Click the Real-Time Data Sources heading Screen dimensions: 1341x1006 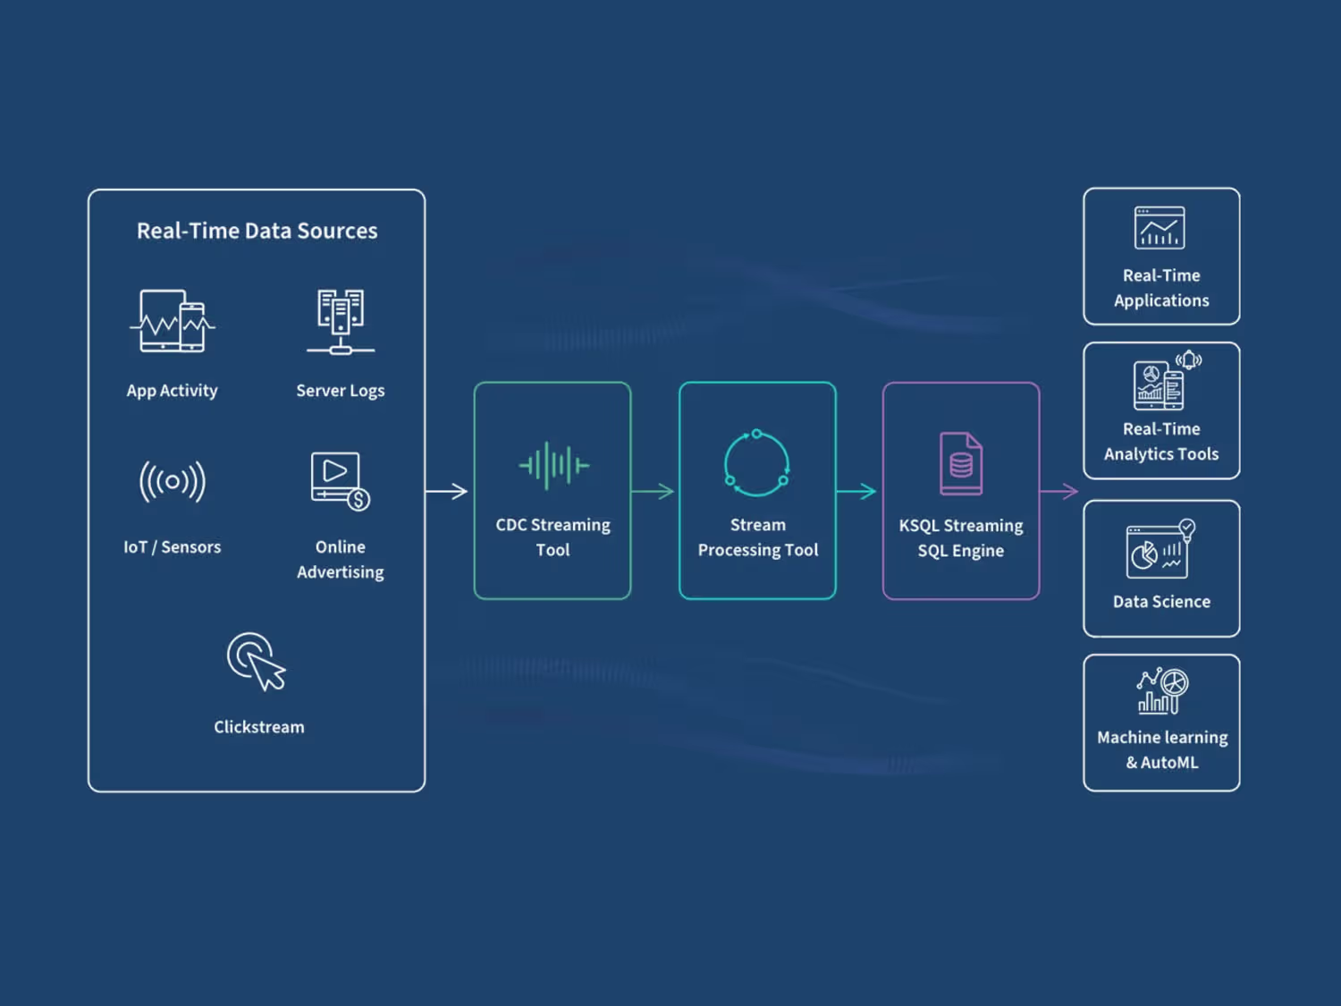[x=257, y=231]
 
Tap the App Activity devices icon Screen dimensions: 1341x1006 [x=173, y=321]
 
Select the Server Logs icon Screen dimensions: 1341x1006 [x=341, y=322]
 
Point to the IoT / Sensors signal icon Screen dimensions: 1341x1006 [x=173, y=481]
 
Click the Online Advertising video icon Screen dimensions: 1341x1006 [x=341, y=481]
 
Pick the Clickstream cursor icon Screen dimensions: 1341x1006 [x=256, y=662]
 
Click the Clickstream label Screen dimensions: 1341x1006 [x=259, y=727]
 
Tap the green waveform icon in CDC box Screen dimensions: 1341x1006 [x=553, y=465]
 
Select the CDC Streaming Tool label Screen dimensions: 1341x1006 [x=552, y=537]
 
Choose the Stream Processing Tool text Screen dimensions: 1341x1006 [x=758, y=537]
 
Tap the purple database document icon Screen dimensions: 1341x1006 [x=961, y=463]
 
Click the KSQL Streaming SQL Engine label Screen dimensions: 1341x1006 [x=961, y=537]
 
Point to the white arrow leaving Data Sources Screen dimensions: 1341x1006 [x=447, y=491]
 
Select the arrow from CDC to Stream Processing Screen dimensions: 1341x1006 [x=653, y=491]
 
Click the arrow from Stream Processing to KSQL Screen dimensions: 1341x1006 [x=856, y=491]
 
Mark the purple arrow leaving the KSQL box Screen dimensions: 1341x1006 [x=1059, y=491]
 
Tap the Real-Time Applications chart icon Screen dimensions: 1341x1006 [x=1160, y=228]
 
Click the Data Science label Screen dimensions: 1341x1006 [x=1161, y=602]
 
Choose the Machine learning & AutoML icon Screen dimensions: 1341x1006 [x=1162, y=691]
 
